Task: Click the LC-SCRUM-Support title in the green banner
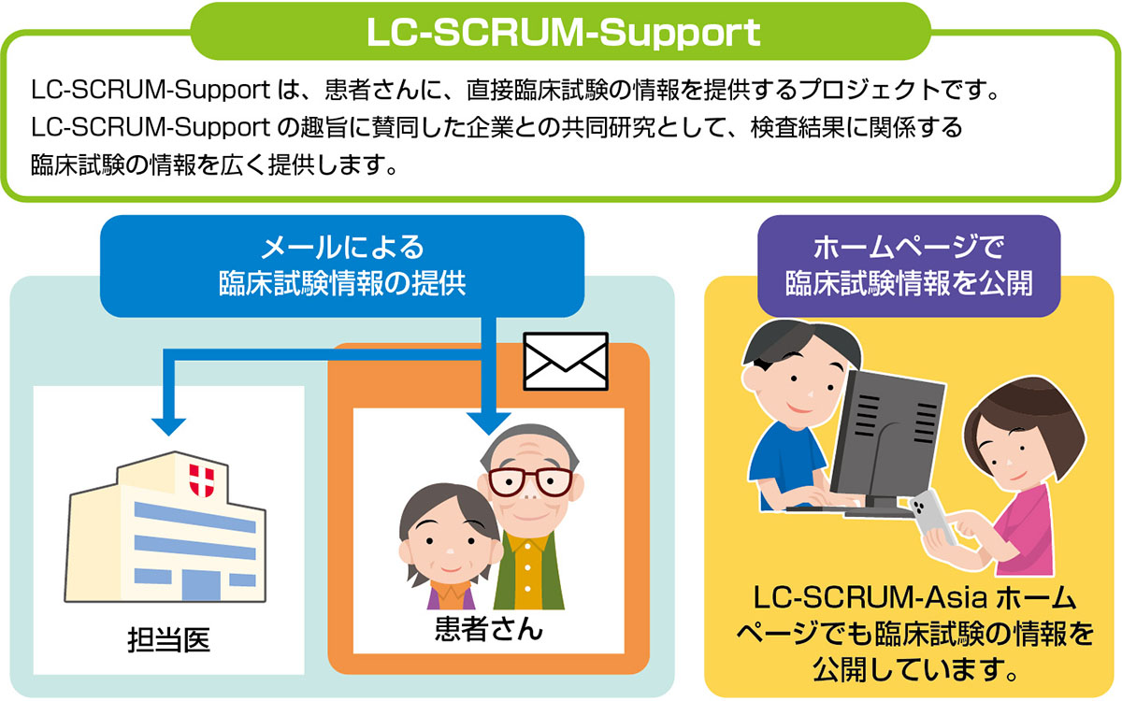(x=561, y=33)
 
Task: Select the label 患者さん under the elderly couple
(x=488, y=627)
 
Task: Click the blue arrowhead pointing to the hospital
(x=169, y=422)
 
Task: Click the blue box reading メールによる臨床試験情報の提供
(x=342, y=265)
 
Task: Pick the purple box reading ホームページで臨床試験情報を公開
(x=909, y=265)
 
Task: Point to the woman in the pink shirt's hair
(x=1028, y=411)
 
